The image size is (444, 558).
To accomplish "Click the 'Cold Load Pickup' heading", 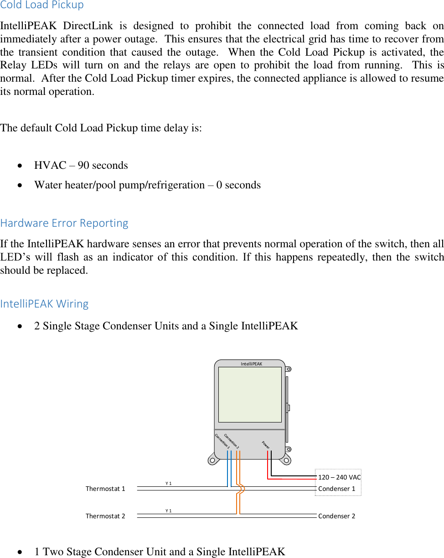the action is point(42,5).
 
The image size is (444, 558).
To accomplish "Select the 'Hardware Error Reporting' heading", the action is point(64,223).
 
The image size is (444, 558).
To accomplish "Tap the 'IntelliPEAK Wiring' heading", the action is point(45,303).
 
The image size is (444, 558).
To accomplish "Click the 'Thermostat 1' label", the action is point(105,489).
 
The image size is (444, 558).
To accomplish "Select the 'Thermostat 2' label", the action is point(105,516).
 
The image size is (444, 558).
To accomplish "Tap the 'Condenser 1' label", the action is point(336,489).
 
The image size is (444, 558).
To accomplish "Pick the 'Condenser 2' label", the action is point(336,516).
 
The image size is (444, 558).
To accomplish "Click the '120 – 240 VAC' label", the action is point(339,477).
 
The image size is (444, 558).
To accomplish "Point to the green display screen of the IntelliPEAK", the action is point(250,394).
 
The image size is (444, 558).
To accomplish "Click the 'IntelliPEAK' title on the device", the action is point(252,364).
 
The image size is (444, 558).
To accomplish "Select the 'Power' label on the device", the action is point(266,445).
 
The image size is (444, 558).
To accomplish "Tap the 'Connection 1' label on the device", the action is point(222,441).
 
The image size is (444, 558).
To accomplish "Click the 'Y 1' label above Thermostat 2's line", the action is point(169,511).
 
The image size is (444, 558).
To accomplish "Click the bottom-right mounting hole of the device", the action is point(285,460).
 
